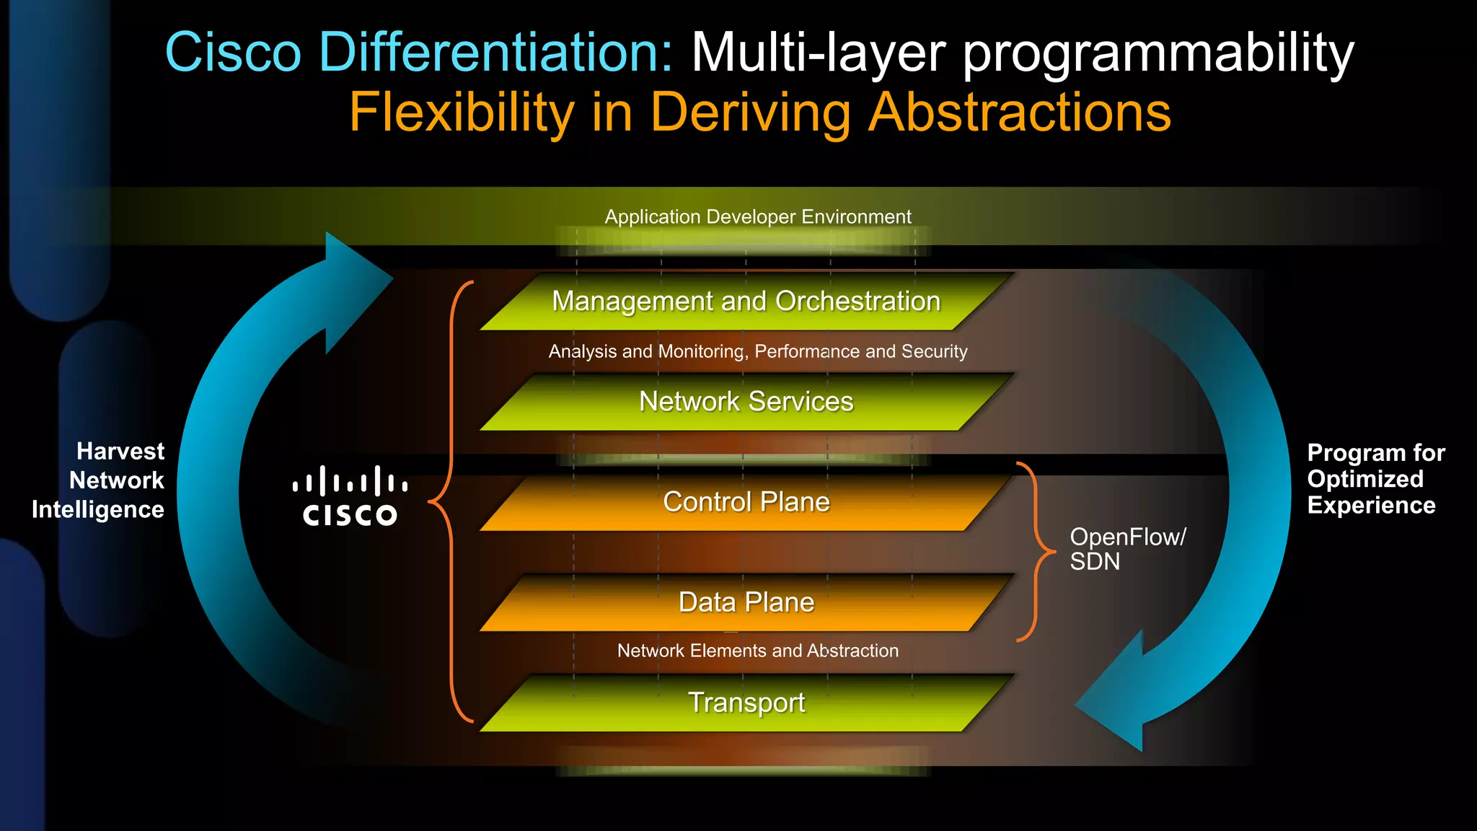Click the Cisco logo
point(350,496)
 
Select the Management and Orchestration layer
point(746,302)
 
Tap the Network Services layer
point(746,402)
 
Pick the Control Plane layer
point(746,502)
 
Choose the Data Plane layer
point(746,602)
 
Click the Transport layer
point(746,703)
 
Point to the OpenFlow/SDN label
point(1127,549)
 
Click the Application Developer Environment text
point(758,217)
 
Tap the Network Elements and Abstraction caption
point(758,651)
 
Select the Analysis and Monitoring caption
point(758,351)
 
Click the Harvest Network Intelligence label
point(99,480)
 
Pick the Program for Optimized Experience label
point(1375,479)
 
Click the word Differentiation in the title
point(495,52)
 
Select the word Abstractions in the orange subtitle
point(1020,113)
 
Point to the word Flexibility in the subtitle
point(462,113)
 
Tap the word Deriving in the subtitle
point(750,113)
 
